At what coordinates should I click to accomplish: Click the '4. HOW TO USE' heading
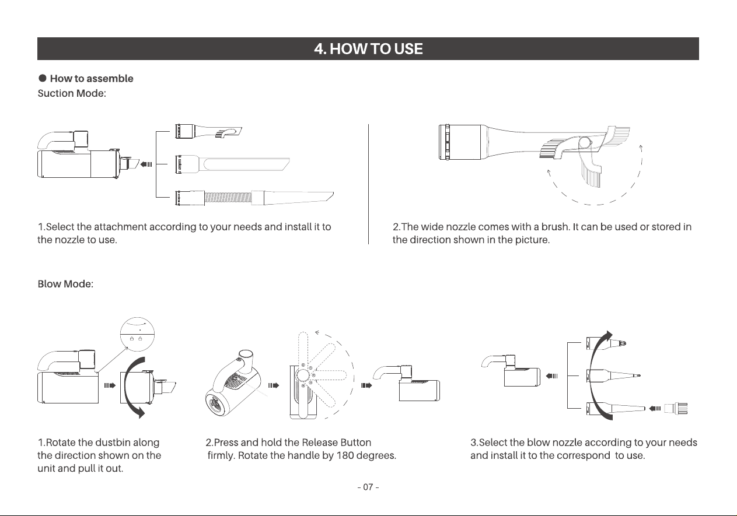point(368,49)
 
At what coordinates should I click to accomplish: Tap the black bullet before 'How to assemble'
point(43,78)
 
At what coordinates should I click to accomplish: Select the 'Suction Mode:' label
point(72,93)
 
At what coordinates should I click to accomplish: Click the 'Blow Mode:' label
point(65,284)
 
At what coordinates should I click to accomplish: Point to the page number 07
point(368,487)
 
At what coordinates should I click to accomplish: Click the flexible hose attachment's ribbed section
point(228,198)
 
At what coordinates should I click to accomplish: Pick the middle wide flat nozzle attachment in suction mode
point(232,164)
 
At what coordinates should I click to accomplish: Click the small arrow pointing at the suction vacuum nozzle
point(146,164)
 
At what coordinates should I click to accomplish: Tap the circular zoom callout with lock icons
point(137,334)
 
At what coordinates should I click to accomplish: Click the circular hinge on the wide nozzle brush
point(585,143)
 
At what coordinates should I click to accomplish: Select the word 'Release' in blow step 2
point(319,443)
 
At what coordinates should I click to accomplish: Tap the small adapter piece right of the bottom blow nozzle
point(676,409)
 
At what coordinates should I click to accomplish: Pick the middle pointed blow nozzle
point(613,375)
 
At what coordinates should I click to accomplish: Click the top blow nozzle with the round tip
point(606,344)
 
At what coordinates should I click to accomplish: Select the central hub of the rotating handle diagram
point(303,375)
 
